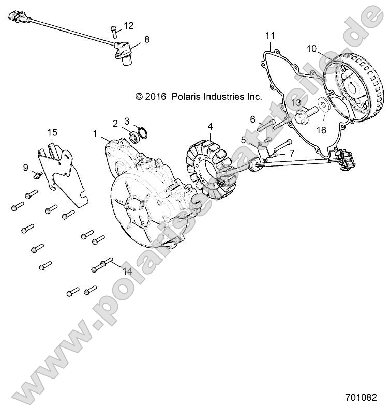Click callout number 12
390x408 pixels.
pos(128,25)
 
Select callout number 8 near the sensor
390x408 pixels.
pos(147,39)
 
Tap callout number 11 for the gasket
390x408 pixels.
pos(270,35)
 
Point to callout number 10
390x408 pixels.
pos(311,49)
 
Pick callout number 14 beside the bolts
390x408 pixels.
pos(127,270)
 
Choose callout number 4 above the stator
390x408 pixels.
pos(210,126)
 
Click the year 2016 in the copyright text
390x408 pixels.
pos(154,96)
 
